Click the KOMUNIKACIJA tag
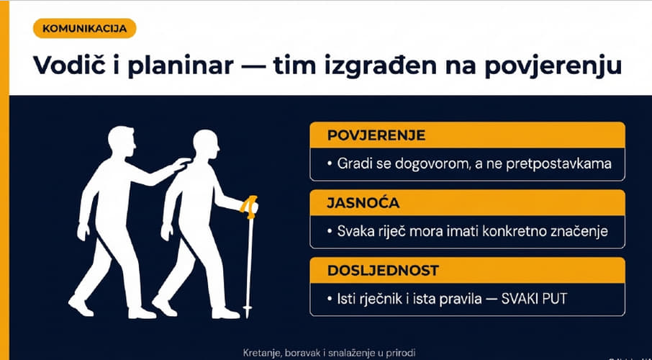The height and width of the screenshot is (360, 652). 84,29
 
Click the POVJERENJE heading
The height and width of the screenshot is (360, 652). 376,135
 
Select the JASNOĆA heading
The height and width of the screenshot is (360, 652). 363,203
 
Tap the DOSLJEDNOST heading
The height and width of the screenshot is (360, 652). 383,271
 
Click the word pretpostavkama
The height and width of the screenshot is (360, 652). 559,164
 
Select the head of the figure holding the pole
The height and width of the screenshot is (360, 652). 206,145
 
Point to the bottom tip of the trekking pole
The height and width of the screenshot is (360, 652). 248,317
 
